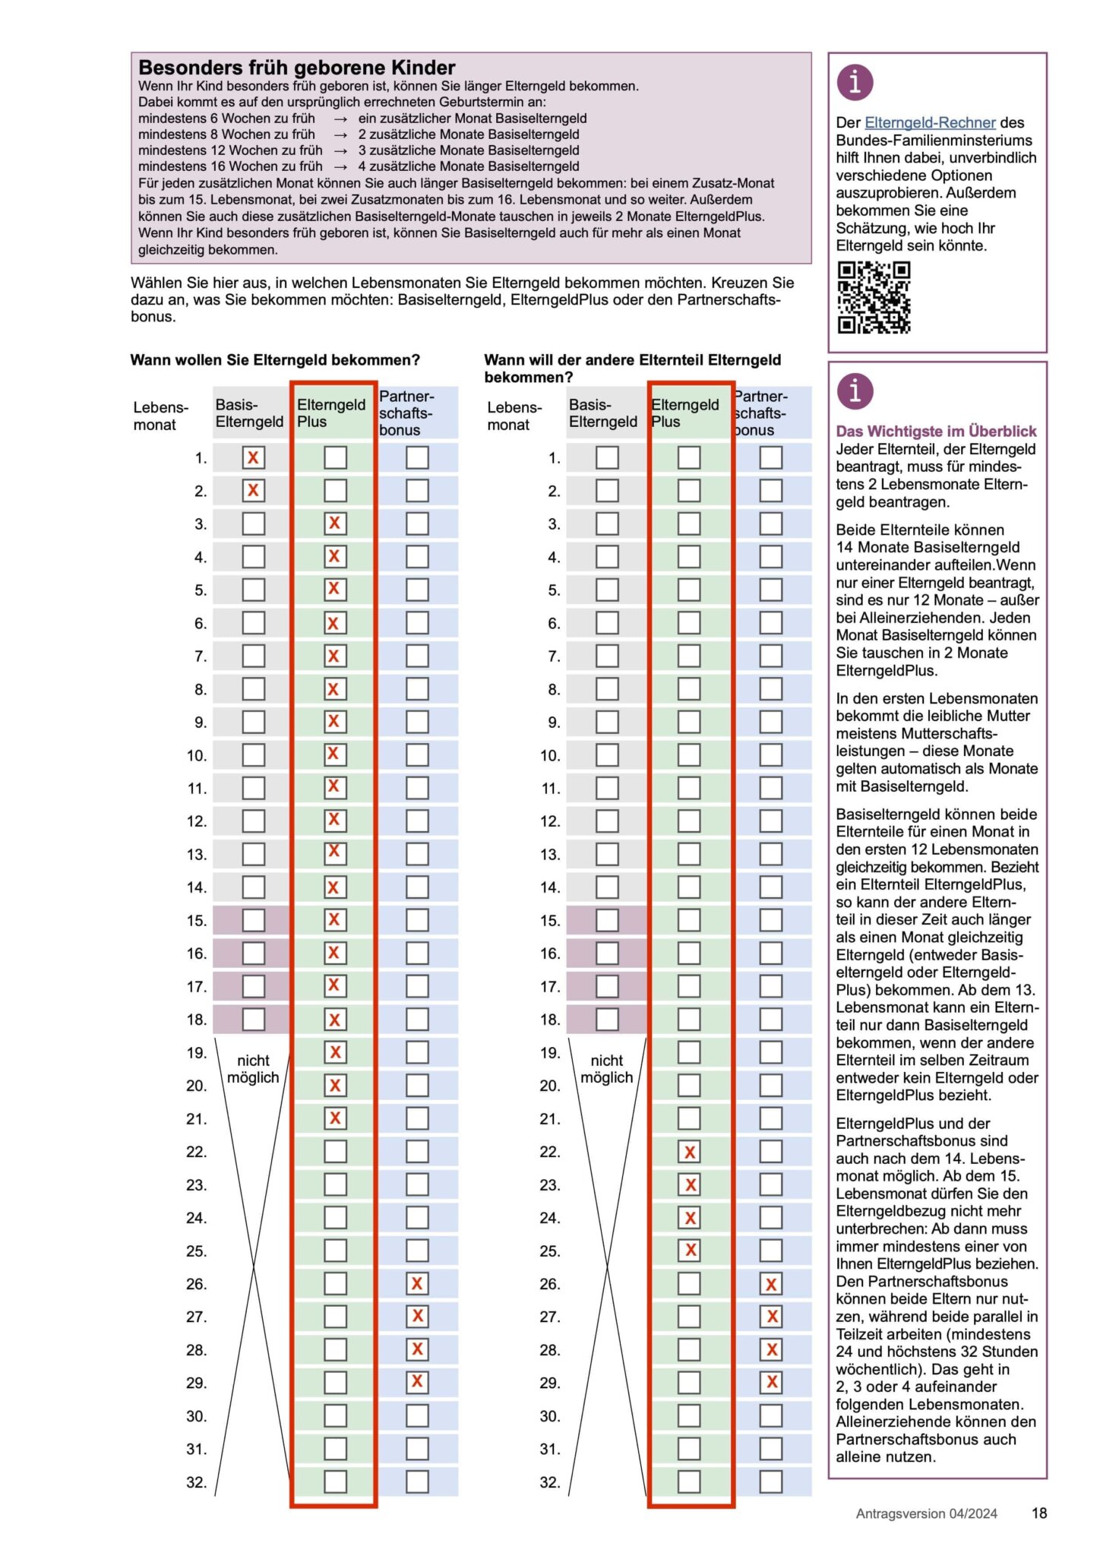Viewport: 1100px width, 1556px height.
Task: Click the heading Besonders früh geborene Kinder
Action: (297, 67)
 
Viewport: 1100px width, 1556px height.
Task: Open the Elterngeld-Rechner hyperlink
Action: (930, 122)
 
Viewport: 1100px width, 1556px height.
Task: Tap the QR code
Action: (874, 297)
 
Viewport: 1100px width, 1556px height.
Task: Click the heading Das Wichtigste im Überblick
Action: (936, 431)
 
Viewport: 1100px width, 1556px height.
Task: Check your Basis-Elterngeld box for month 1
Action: (253, 457)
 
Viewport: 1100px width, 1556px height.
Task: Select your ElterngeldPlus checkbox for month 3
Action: (334, 523)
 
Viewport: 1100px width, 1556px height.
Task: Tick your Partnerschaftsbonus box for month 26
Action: (417, 1283)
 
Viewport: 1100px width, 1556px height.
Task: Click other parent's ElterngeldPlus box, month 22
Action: (689, 1152)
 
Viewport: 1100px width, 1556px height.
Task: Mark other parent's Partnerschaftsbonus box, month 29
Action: (771, 1382)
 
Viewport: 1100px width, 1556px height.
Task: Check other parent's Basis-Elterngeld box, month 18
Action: (607, 1019)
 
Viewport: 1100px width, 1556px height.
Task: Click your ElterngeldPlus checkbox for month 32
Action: (335, 1482)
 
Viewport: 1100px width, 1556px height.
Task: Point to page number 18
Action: (1039, 1513)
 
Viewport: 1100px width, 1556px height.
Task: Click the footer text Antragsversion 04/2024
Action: (926, 1513)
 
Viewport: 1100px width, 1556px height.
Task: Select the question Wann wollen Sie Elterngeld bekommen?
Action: (275, 359)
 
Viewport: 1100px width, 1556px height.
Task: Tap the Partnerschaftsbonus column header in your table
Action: (406, 413)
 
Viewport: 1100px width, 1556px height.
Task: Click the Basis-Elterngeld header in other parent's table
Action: (602, 413)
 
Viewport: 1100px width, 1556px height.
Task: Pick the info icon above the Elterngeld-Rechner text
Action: (855, 82)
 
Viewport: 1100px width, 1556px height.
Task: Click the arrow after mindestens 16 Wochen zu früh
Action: (340, 166)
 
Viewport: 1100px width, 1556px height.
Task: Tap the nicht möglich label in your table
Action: (253, 1068)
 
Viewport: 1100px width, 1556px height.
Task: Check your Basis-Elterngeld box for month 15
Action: (253, 920)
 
